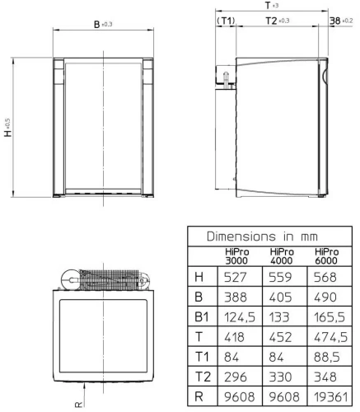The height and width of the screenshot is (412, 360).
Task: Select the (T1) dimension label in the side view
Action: click(x=225, y=20)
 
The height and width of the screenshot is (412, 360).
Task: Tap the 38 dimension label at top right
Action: click(x=334, y=20)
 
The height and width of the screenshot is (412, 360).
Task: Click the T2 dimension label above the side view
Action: click(x=269, y=20)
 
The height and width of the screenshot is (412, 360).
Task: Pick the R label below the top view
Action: click(x=78, y=405)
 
